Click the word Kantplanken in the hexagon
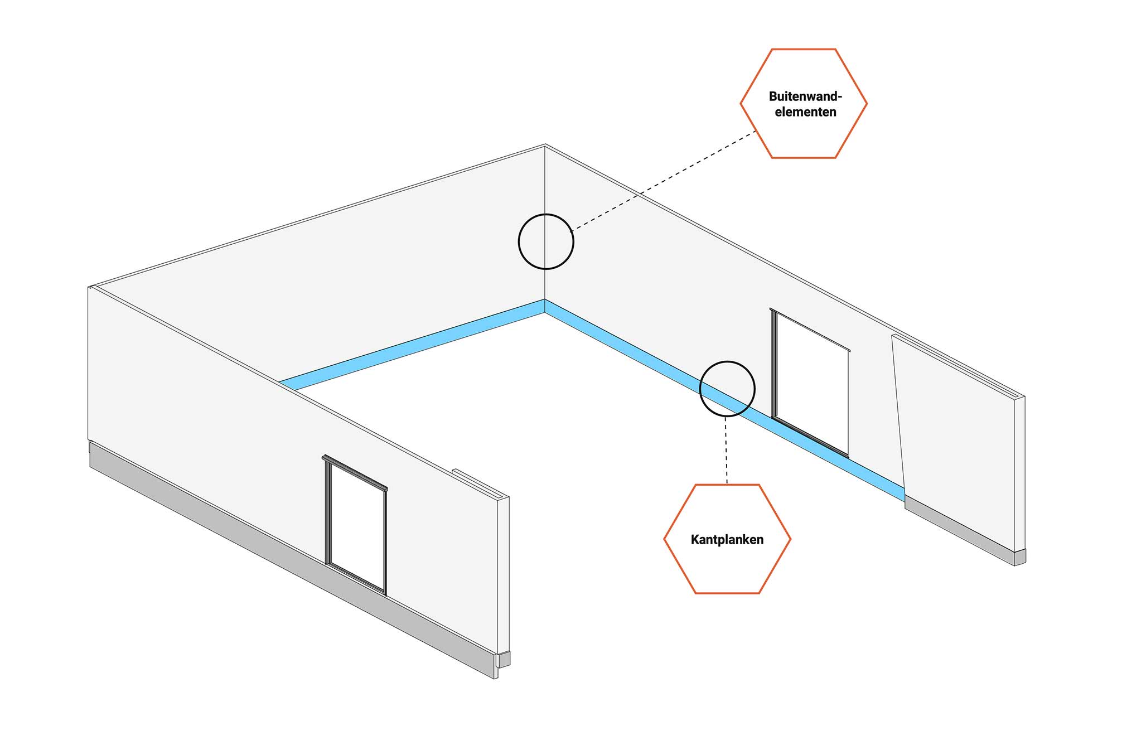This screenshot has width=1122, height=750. click(x=727, y=540)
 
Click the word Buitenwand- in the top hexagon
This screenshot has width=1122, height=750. click(x=805, y=96)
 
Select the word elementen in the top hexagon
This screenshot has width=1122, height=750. click(x=805, y=112)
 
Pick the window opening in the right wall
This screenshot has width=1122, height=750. click(x=811, y=384)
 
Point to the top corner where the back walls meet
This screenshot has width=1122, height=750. click(x=545, y=145)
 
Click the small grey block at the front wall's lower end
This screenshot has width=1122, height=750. click(x=504, y=659)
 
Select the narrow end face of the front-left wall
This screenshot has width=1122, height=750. click(x=503, y=574)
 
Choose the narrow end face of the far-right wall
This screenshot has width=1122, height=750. click(x=1019, y=473)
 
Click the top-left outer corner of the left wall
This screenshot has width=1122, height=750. click(x=89, y=288)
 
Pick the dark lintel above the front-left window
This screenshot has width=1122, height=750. click(x=355, y=473)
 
